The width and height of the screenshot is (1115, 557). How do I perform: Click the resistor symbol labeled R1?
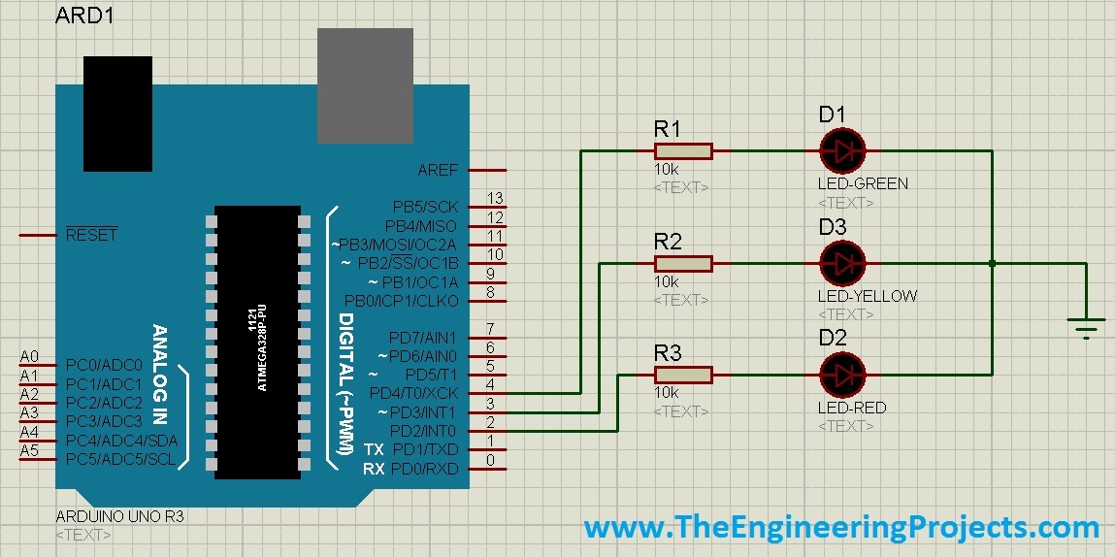[x=683, y=150]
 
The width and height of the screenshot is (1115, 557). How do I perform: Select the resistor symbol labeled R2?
[x=683, y=263]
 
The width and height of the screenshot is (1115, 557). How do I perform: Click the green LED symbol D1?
[x=842, y=150]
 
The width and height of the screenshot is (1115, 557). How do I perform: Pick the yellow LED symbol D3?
[x=842, y=263]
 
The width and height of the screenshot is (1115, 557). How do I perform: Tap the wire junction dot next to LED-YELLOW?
[x=991, y=263]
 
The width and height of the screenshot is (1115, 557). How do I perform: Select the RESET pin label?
[x=91, y=235]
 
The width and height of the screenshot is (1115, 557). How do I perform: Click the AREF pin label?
[x=438, y=170]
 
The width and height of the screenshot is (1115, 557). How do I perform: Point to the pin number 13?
[x=495, y=199]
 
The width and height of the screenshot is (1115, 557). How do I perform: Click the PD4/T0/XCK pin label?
[x=414, y=393]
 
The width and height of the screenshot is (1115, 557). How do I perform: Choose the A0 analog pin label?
[x=29, y=357]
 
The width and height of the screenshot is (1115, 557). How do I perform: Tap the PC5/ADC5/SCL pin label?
[x=121, y=459]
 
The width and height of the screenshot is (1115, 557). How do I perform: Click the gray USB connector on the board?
[x=365, y=85]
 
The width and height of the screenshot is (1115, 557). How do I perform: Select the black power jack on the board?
[x=117, y=114]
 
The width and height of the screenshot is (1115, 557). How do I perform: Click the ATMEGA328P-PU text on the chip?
[x=261, y=346]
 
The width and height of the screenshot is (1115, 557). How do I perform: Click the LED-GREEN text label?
[x=863, y=183]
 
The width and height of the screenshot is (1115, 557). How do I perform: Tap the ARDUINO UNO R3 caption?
[x=120, y=517]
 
